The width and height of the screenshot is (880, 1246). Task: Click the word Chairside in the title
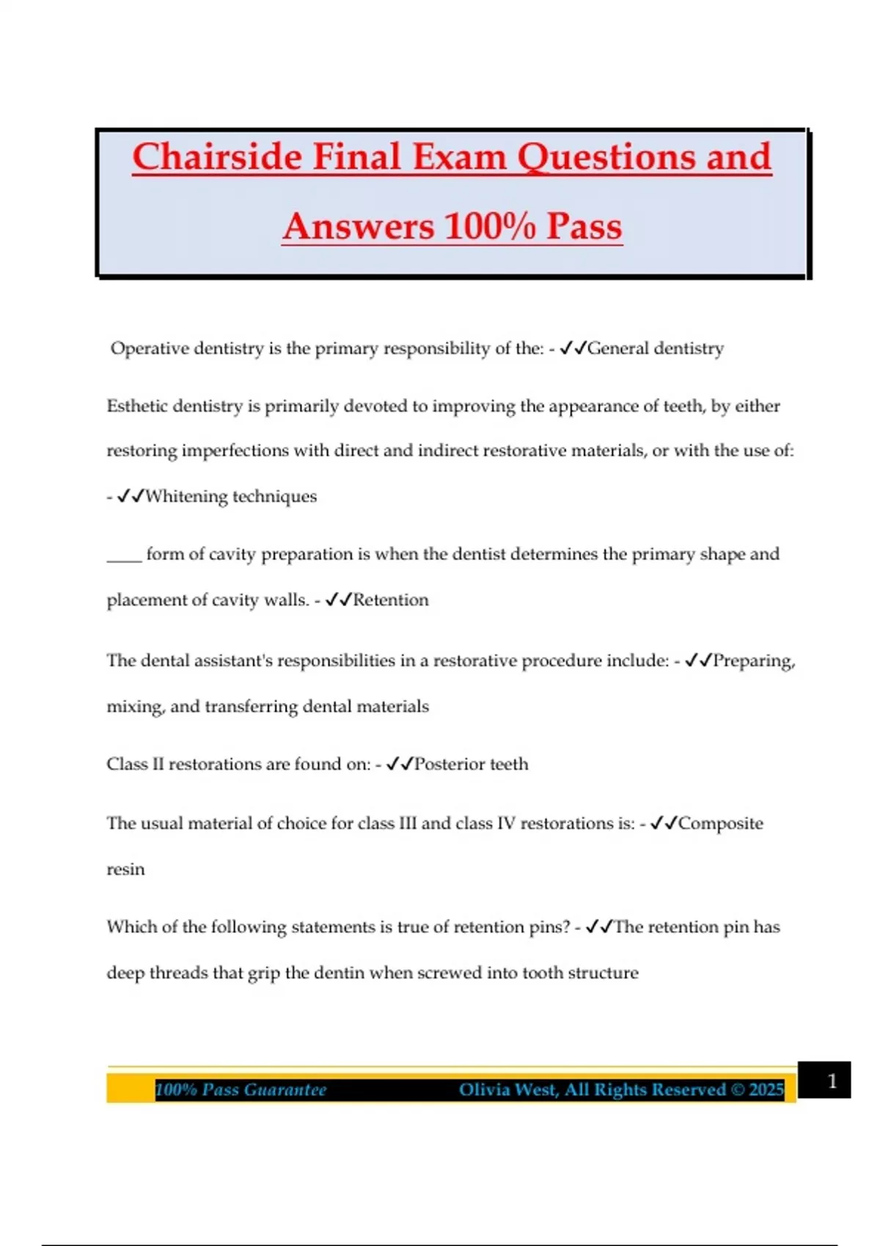coord(217,158)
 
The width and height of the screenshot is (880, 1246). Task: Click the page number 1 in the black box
coord(832,1081)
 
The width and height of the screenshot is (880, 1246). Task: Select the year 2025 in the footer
coord(766,1090)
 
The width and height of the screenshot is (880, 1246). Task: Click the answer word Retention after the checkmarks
coord(390,600)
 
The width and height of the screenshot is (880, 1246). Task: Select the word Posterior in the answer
coord(449,764)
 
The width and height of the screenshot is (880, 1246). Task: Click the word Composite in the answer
coord(720,823)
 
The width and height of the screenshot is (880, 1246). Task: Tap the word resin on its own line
coord(125,869)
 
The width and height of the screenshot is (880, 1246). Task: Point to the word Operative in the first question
coord(150,348)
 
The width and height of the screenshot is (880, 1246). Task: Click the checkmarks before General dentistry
coord(573,348)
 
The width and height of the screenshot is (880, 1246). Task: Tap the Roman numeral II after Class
coord(158,764)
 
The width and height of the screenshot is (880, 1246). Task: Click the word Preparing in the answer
coord(753,660)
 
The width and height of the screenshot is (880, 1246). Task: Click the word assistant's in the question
coord(238,660)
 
